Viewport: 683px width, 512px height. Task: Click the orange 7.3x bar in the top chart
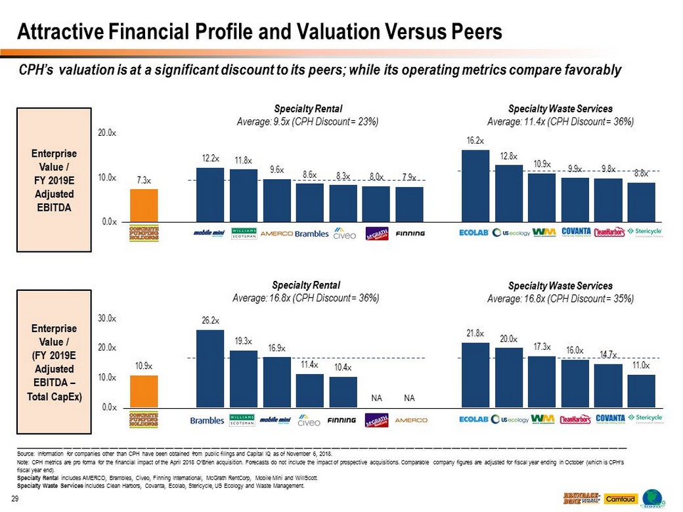tap(144, 206)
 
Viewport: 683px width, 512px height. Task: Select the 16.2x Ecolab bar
tap(475, 187)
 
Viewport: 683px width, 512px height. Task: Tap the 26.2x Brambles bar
tap(210, 369)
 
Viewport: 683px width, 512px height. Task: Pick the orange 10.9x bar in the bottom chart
tap(144, 391)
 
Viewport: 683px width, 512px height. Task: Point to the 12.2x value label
tap(210, 158)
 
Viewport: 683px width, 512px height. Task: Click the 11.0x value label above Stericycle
tap(641, 366)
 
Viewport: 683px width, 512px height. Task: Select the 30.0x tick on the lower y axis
tap(108, 318)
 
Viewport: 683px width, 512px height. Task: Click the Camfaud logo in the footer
tap(619, 499)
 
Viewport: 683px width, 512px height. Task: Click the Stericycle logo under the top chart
tap(644, 232)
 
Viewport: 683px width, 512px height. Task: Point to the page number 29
tap(14, 501)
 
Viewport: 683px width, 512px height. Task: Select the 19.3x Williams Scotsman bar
tap(244, 379)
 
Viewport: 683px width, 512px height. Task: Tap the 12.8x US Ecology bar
tap(508, 194)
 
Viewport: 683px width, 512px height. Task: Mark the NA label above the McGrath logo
tap(377, 398)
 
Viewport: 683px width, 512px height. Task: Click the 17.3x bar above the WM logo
tap(542, 382)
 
